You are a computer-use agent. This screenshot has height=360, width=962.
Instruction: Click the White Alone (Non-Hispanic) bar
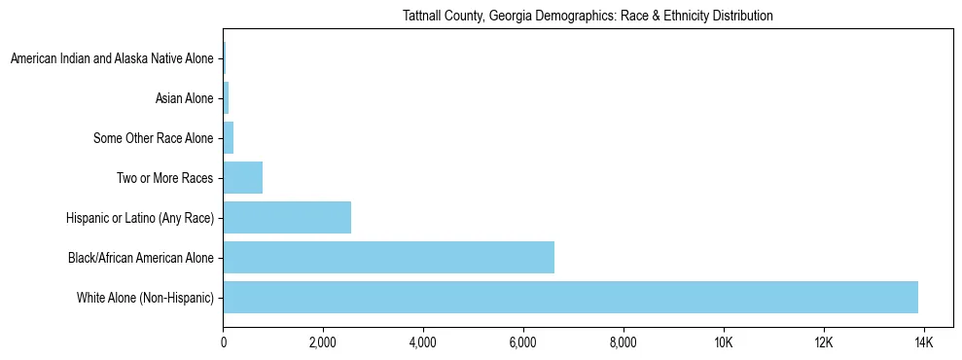click(570, 297)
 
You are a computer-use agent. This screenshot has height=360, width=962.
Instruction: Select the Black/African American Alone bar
click(388, 257)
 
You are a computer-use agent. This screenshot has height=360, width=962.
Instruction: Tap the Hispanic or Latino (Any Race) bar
click(287, 217)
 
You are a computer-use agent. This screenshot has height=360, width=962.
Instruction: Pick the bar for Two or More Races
click(243, 178)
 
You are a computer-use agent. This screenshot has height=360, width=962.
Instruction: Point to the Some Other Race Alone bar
click(229, 138)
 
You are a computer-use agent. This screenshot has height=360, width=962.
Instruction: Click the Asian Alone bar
click(227, 98)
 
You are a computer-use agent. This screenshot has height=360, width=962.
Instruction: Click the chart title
click(588, 16)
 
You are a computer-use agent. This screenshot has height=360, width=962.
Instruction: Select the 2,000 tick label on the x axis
click(323, 342)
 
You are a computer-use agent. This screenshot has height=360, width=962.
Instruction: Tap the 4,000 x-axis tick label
click(423, 342)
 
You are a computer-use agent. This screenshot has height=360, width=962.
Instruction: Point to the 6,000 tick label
click(523, 342)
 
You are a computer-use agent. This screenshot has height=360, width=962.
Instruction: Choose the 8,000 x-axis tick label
click(624, 342)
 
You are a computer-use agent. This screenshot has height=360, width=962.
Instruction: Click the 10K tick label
click(724, 342)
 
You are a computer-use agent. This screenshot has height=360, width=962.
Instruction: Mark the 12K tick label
click(824, 342)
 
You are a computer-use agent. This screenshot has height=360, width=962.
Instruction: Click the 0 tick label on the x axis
click(224, 342)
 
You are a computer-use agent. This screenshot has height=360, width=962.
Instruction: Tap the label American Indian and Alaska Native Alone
click(112, 59)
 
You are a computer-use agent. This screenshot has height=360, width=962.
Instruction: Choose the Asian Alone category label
click(184, 98)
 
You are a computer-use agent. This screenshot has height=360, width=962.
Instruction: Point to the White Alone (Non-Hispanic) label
click(145, 297)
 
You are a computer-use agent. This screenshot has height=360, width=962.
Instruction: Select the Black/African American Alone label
click(140, 257)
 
